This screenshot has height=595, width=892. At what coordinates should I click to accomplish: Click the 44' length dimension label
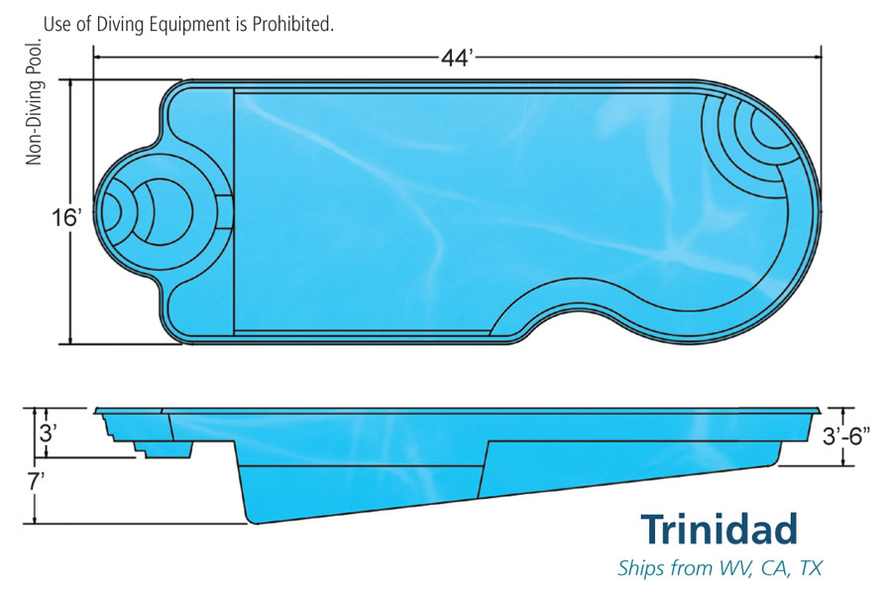[x=458, y=57]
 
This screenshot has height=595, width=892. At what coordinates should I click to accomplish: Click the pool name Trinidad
[x=718, y=530]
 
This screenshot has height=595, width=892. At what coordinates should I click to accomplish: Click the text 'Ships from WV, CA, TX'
[x=719, y=568]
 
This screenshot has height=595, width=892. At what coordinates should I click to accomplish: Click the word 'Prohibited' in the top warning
[x=287, y=24]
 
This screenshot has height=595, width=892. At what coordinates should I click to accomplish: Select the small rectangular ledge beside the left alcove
[x=225, y=210]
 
